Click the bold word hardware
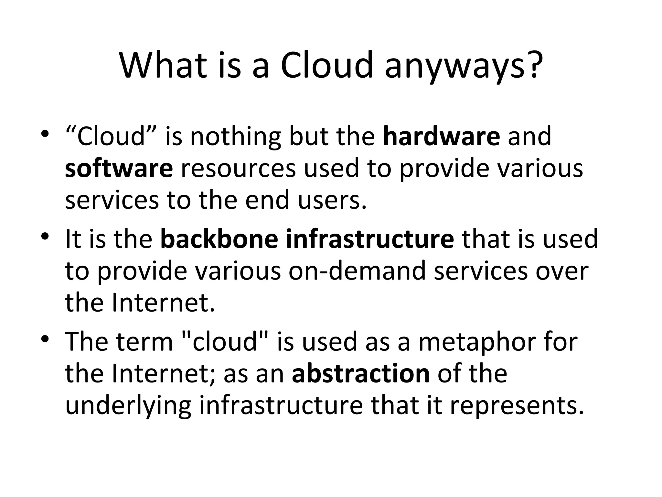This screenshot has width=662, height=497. [x=441, y=136]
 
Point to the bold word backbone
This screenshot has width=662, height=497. [x=219, y=239]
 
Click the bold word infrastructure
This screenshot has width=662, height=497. [x=370, y=239]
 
